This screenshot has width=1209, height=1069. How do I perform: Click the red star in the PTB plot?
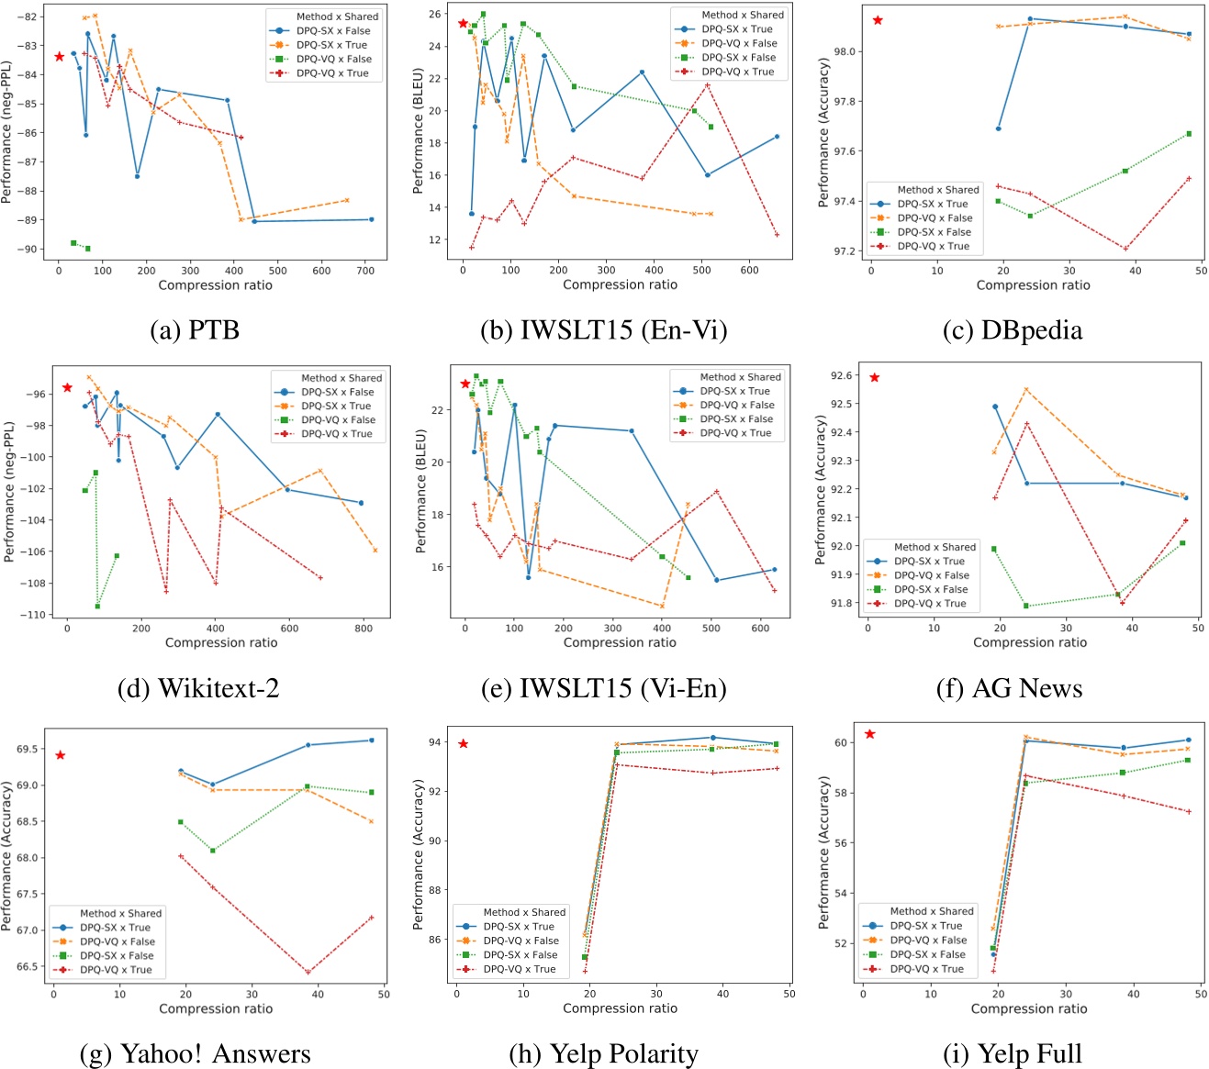[x=60, y=57]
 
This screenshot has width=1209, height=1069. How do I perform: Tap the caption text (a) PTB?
[x=195, y=330]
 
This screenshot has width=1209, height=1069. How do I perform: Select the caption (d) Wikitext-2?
[x=197, y=688]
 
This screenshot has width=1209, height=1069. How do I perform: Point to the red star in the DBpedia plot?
[x=878, y=20]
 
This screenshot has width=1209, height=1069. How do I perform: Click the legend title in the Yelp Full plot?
[x=932, y=911]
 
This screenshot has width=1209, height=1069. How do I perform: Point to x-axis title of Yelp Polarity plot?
[x=620, y=1008]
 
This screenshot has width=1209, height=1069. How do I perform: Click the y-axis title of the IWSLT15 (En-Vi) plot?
[x=419, y=130]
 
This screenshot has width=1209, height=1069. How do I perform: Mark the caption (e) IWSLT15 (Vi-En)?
[x=604, y=688]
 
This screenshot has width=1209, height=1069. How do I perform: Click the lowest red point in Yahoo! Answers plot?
[x=308, y=973]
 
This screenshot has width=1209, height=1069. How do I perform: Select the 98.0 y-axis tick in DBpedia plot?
[x=842, y=52]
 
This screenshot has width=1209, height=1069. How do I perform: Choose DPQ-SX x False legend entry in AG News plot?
[x=931, y=589]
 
